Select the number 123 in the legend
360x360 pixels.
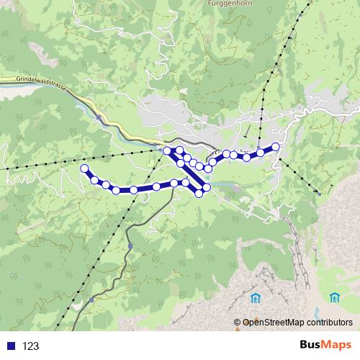(31, 346)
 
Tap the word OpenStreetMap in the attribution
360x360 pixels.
(272, 322)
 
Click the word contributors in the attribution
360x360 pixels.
(328, 322)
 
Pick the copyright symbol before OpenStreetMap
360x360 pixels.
(238, 322)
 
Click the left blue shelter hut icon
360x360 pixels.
(255, 297)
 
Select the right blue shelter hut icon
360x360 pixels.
(334, 297)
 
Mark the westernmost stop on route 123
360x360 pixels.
(84, 168)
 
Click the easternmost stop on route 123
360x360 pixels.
(275, 146)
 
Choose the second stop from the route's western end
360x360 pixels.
(94, 179)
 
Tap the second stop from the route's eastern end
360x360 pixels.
(260, 153)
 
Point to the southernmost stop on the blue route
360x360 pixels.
(199, 193)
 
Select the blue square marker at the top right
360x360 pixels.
(297, 12)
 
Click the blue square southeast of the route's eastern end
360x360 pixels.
(318, 193)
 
